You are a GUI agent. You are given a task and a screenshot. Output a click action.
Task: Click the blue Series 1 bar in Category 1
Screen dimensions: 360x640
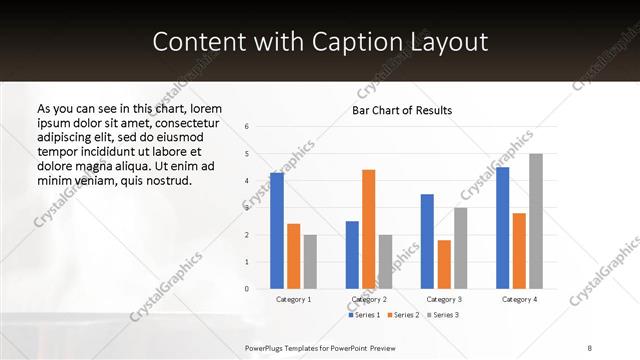(x=277, y=230)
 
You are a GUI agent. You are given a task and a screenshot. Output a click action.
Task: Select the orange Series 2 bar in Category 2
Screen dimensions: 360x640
(x=368, y=229)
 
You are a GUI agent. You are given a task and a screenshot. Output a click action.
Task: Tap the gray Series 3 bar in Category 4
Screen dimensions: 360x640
(x=536, y=221)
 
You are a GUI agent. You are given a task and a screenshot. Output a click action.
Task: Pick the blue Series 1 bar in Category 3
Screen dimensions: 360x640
(x=427, y=241)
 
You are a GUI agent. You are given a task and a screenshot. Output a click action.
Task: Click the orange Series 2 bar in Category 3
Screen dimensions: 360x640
(x=444, y=264)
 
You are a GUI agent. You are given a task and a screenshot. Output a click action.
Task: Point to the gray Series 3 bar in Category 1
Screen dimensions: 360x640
(x=310, y=261)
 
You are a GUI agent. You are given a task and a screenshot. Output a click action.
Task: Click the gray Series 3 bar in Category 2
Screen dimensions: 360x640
(x=385, y=261)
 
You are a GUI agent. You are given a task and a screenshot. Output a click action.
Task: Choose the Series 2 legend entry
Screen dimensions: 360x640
(x=403, y=315)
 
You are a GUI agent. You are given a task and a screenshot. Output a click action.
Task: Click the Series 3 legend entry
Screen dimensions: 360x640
(x=443, y=315)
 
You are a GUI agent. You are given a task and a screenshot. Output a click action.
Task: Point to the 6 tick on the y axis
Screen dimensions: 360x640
(x=247, y=127)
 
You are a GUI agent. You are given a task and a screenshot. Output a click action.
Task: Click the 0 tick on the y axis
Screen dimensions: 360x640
(x=247, y=289)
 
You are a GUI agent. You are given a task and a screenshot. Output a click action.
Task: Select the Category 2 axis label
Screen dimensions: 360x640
(x=369, y=299)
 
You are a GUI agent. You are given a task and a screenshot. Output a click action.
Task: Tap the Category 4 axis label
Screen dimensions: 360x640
(x=519, y=299)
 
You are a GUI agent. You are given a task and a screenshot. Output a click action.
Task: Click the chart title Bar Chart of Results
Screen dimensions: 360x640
(x=403, y=110)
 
